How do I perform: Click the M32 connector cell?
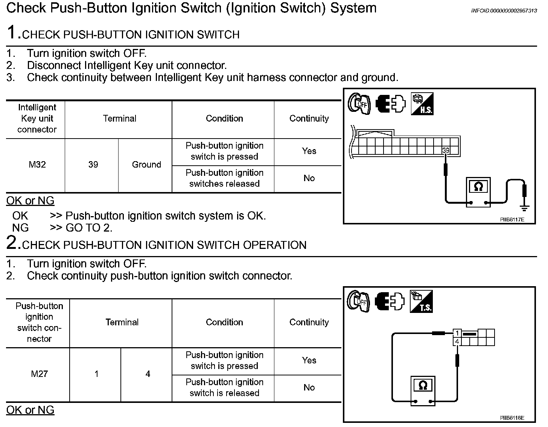tap(37, 165)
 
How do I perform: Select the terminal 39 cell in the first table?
tap(93, 165)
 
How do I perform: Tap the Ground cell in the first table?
tap(146, 165)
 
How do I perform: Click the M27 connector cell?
tap(39, 374)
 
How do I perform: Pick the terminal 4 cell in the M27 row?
tap(148, 374)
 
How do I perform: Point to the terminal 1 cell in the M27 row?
tap(96, 374)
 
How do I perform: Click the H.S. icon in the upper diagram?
tap(422, 104)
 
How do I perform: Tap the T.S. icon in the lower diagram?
tap(421, 301)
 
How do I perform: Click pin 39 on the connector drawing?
tap(446, 151)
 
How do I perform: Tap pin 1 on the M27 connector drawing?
tap(457, 333)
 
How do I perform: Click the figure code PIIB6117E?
tap(512, 219)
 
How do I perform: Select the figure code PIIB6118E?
tap(512, 418)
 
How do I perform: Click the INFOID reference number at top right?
tap(504, 11)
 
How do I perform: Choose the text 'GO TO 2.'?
tap(89, 228)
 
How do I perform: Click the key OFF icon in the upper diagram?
tap(359, 104)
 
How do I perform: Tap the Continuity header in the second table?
tap(309, 322)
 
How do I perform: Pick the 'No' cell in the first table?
tap(309, 178)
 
